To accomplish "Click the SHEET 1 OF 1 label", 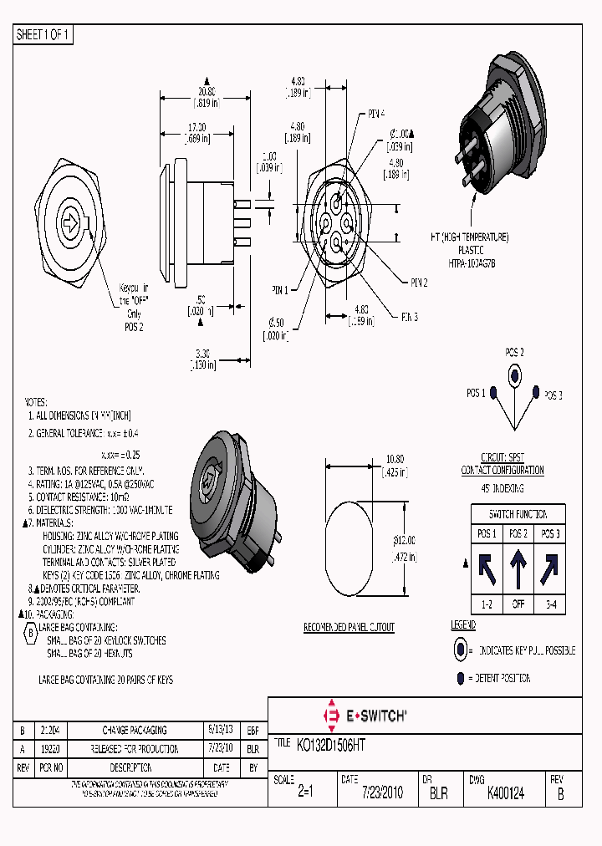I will click(x=43, y=35).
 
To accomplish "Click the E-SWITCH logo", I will click(x=365, y=716).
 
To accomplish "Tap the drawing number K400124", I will click(x=506, y=793).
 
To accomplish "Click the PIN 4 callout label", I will click(x=376, y=114).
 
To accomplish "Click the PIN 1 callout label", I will click(x=279, y=290).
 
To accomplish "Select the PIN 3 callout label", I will click(x=409, y=317).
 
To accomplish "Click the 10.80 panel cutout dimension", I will click(x=394, y=458).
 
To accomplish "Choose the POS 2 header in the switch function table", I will click(x=518, y=533).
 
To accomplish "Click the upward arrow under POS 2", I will click(x=518, y=568).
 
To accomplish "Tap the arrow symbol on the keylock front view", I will click(x=72, y=222).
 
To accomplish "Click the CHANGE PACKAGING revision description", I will click(x=134, y=730).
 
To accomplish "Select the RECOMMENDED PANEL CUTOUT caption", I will click(x=349, y=627).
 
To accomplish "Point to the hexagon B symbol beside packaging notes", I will click(x=30, y=632).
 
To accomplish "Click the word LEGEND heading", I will click(x=463, y=625).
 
